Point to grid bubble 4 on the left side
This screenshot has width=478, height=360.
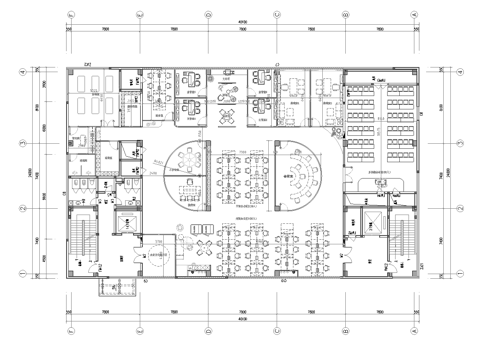pos(22,71)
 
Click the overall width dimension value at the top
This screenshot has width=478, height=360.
pos(240,21)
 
